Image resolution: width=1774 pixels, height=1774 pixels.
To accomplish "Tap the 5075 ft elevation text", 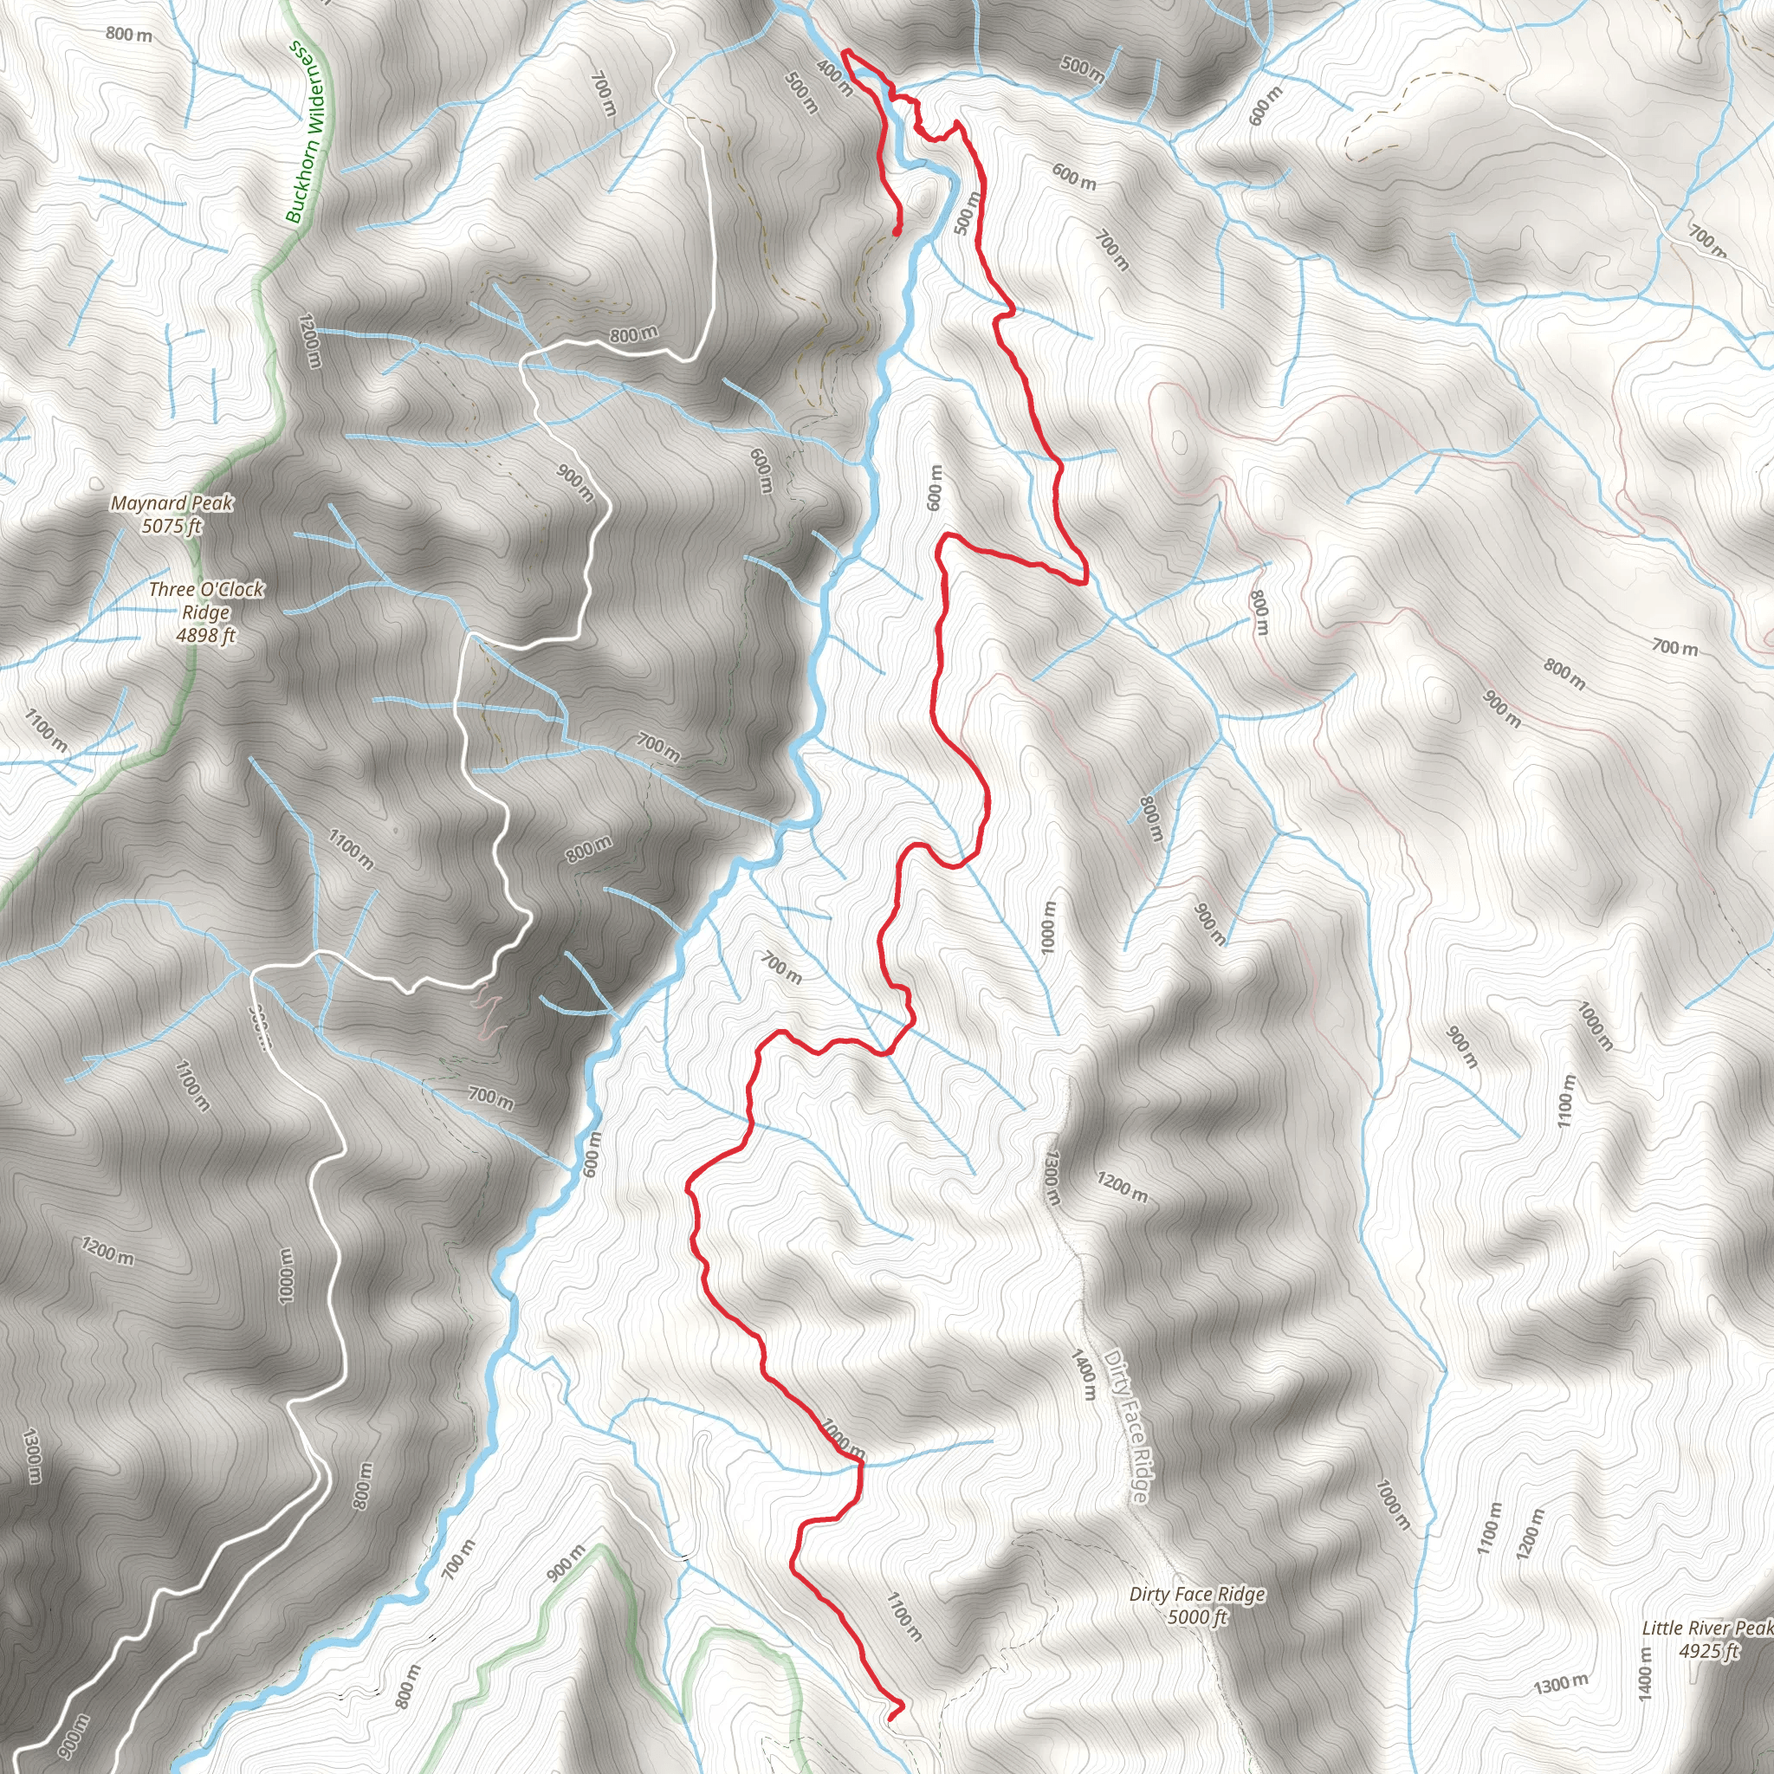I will click(171, 526).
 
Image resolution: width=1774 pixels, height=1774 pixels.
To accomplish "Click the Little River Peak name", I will click(1706, 1628).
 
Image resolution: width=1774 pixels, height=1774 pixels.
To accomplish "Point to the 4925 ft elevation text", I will click(1709, 1652).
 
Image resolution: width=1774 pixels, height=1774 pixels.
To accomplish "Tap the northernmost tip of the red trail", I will click(844, 51).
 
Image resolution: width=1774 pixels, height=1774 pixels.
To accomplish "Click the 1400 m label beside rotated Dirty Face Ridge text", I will click(1084, 1375).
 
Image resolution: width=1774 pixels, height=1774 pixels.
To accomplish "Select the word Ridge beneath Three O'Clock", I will click(205, 612).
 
